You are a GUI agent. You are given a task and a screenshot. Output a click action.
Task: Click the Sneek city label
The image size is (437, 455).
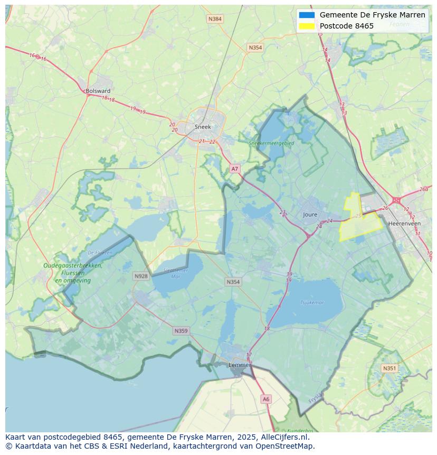(x=203, y=127)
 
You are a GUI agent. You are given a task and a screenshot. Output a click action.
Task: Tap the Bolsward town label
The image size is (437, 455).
(x=98, y=91)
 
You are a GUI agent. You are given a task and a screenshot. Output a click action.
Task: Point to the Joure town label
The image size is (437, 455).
(x=310, y=215)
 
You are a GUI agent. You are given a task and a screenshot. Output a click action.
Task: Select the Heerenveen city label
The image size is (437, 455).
(x=404, y=224)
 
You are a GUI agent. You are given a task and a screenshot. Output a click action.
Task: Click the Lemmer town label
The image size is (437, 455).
(x=239, y=365)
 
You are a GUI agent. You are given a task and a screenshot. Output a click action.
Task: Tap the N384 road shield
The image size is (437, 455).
(x=215, y=19)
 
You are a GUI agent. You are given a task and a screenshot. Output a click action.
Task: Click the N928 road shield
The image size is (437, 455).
(x=141, y=276)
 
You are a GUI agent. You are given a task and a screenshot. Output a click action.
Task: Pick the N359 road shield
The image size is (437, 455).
(x=180, y=331)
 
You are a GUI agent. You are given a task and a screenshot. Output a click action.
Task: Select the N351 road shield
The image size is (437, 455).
(x=389, y=368)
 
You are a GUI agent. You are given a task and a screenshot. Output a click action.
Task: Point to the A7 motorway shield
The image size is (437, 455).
(x=235, y=169)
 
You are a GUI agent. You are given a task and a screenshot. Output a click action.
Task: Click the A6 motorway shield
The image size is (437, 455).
(x=266, y=400)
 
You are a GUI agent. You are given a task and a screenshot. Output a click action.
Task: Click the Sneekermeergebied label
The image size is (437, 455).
(x=271, y=143)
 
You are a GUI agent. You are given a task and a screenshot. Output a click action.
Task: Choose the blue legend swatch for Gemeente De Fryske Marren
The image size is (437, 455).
(x=307, y=15)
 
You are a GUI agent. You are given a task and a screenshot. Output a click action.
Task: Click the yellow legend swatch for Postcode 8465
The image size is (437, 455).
(x=307, y=26)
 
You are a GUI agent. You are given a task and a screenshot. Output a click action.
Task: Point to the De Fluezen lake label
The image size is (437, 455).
(x=100, y=253)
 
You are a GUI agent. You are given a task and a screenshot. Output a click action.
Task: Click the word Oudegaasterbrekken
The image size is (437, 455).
(x=73, y=266)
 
